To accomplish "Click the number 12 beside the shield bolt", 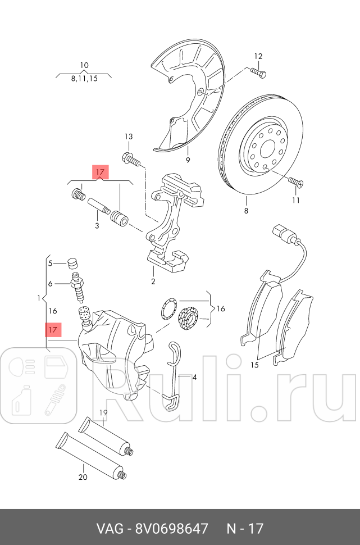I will point(258,56).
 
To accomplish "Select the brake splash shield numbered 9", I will point(185,96).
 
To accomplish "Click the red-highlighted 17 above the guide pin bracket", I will point(100,171).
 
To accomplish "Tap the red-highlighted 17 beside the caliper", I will point(53,330).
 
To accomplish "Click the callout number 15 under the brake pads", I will point(254,365).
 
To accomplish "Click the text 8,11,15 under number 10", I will point(84,79).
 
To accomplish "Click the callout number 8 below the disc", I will point(245,211).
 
